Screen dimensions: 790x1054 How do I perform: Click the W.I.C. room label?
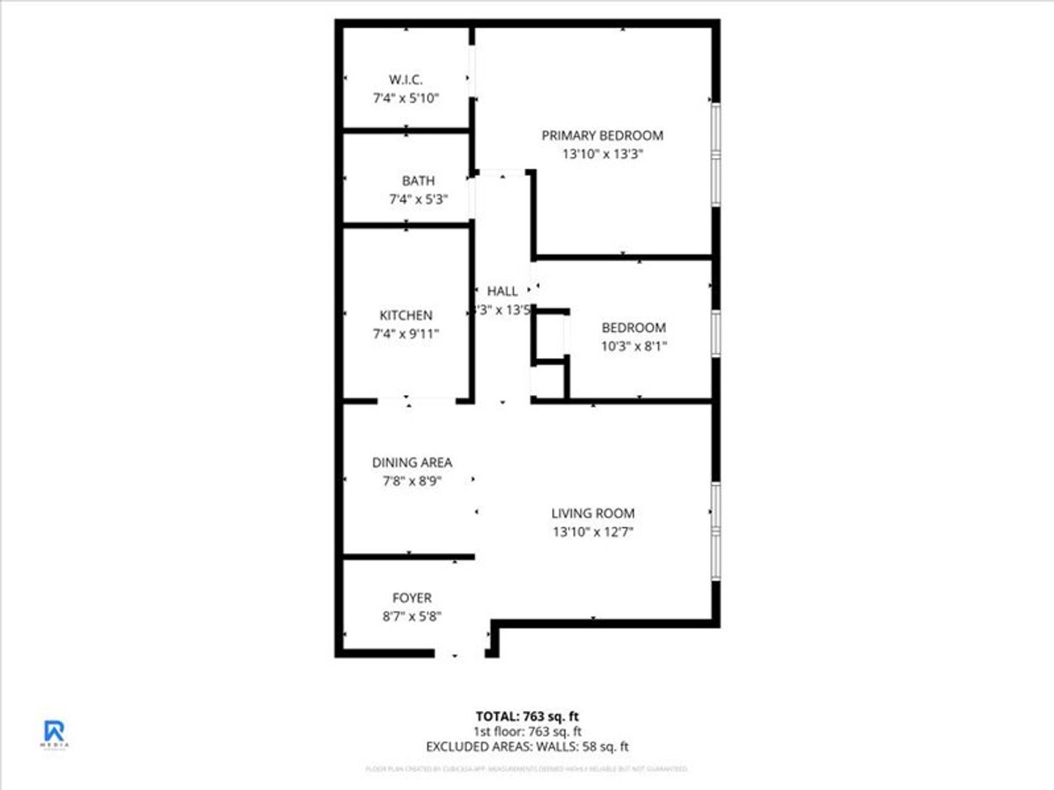pos(405,80)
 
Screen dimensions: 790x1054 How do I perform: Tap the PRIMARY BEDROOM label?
pos(602,135)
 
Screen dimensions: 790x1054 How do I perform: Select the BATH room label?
pos(418,181)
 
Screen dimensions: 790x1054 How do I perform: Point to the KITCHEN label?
pos(405,315)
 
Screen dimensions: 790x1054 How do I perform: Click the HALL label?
pos(502,291)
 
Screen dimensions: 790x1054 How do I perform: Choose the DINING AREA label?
pos(412,462)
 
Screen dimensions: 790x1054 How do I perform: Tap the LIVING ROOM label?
pos(593,513)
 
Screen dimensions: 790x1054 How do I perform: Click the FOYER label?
pos(412,598)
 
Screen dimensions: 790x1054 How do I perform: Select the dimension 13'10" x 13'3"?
pos(602,154)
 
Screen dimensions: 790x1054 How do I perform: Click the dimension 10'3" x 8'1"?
pos(634,346)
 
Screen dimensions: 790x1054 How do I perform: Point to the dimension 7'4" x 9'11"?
pos(405,334)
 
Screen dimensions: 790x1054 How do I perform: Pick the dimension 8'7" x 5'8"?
pos(412,617)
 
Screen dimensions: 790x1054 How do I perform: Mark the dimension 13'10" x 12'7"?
pos(593,532)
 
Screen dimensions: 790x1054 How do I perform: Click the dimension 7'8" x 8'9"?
pos(412,481)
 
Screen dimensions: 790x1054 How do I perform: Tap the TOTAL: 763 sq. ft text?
pos(527,716)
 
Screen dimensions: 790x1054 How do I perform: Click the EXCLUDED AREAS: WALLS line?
pos(527,747)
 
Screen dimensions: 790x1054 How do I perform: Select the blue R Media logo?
pos(54,733)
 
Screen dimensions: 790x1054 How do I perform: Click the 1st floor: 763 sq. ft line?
pos(527,731)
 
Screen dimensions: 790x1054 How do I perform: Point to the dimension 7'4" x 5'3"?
pos(418,199)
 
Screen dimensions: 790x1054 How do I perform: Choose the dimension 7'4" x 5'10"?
pos(405,98)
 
